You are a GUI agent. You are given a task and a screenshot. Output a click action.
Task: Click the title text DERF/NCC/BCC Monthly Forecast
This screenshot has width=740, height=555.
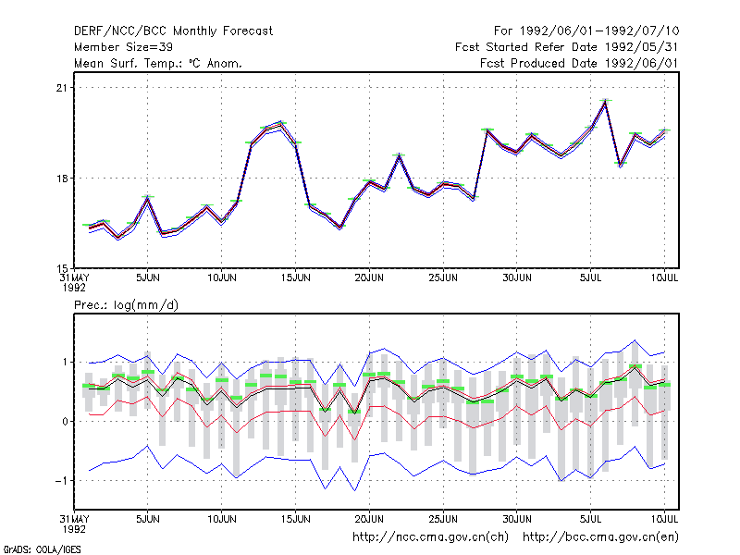[x=173, y=31]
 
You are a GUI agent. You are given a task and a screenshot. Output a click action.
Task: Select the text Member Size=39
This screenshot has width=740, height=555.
[x=123, y=47]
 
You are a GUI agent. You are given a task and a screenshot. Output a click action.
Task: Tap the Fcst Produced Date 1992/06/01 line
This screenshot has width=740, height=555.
[x=579, y=63]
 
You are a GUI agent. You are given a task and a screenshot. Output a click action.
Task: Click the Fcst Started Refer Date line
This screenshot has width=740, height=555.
[x=566, y=47]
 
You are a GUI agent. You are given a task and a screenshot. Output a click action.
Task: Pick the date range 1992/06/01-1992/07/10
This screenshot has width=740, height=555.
[x=599, y=31]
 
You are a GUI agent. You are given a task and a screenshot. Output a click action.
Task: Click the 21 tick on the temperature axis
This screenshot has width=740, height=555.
[x=62, y=88]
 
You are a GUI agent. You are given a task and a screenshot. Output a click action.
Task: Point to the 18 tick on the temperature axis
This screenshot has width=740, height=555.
[x=62, y=179]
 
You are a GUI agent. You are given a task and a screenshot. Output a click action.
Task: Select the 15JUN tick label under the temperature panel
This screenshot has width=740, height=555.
[x=295, y=278]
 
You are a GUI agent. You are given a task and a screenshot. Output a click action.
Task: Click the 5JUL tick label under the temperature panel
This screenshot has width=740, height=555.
[x=590, y=278]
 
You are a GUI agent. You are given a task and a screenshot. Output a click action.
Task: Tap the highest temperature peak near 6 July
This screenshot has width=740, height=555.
[x=605, y=101]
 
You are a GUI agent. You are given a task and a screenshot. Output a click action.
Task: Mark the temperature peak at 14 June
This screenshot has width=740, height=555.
[x=281, y=123]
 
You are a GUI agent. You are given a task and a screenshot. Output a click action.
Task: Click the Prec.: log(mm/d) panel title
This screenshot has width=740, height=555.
[x=126, y=305]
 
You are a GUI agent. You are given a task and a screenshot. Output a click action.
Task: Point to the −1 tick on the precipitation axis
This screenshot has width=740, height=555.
[x=61, y=481]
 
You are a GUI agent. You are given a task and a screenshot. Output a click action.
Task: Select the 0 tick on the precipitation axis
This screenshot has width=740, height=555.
[x=65, y=422]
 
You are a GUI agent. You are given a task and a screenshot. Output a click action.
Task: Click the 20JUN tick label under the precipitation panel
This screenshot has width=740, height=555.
[x=369, y=520]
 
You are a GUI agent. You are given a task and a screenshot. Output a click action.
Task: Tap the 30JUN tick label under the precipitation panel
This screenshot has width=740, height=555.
[x=517, y=520]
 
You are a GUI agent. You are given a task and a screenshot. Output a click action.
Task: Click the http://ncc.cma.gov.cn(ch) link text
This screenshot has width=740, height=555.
[x=430, y=537]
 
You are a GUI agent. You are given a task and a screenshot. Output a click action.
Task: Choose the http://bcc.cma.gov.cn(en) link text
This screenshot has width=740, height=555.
[x=600, y=537]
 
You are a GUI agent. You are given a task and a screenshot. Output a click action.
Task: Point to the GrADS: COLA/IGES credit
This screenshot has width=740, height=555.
[x=42, y=549]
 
